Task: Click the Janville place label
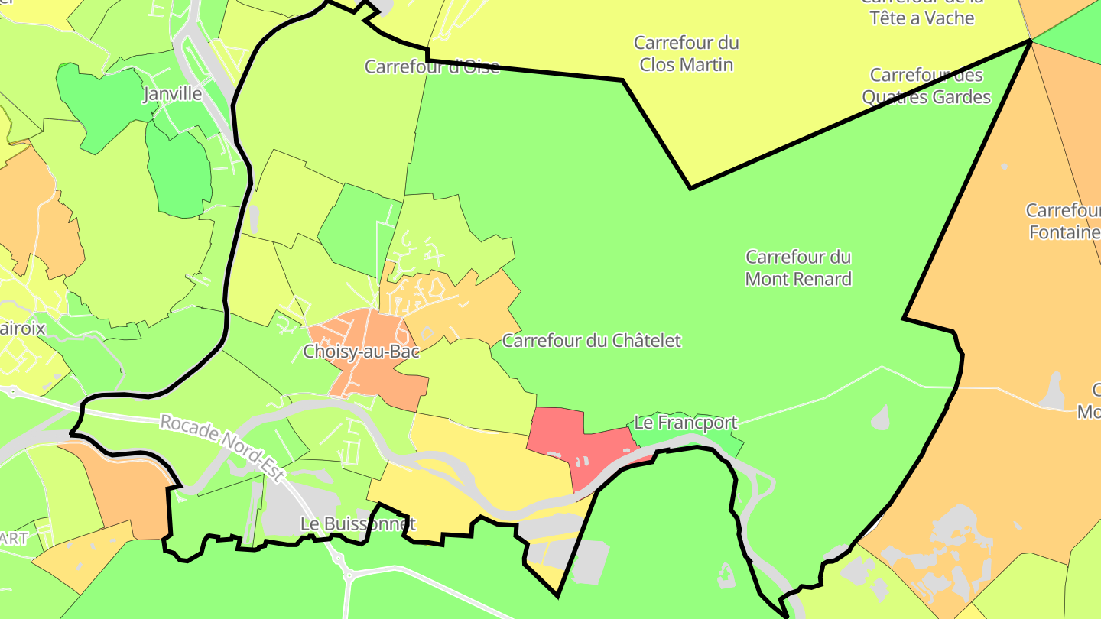point(173,94)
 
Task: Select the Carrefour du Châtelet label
point(591,341)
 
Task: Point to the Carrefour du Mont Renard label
point(798,268)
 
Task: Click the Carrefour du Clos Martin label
point(686,53)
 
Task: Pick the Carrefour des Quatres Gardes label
point(926,86)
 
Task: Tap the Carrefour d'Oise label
point(431,66)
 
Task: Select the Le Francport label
point(686,423)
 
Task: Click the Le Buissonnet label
point(358,524)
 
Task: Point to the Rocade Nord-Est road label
point(222,448)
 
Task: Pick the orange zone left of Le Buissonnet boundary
point(130,489)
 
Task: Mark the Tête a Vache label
point(922,17)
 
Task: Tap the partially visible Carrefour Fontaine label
point(1063,221)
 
